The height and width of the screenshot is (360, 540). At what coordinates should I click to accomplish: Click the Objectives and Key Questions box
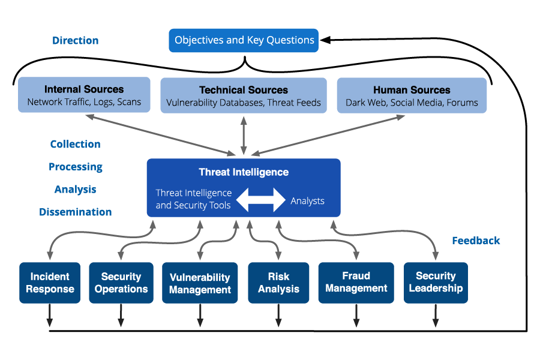244,40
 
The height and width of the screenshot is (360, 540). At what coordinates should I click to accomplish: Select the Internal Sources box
84,95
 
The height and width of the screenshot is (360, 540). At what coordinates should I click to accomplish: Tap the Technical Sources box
244,95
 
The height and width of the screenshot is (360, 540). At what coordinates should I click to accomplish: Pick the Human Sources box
412,95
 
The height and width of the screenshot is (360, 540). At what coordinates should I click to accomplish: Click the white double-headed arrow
260,200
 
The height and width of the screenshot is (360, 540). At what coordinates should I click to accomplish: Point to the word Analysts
307,201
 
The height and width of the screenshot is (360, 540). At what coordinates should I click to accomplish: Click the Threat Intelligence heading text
244,172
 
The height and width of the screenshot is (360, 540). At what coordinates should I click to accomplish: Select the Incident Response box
50,283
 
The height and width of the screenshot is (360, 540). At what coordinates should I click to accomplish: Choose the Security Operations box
121,283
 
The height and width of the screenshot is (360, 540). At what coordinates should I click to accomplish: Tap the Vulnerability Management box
200,283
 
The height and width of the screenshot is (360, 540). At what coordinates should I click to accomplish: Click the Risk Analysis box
278,283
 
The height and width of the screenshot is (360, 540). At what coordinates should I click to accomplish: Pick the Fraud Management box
356,283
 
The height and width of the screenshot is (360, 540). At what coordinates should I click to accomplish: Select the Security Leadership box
436,282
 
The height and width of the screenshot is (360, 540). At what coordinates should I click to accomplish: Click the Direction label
75,41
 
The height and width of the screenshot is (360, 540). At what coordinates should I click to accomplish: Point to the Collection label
75,144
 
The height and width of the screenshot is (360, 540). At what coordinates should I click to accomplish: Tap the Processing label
75,167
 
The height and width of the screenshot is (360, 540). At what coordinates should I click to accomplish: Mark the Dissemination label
75,212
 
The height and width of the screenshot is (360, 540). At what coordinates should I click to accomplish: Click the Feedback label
476,241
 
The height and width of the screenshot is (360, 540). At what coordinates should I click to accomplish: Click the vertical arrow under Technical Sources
244,136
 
